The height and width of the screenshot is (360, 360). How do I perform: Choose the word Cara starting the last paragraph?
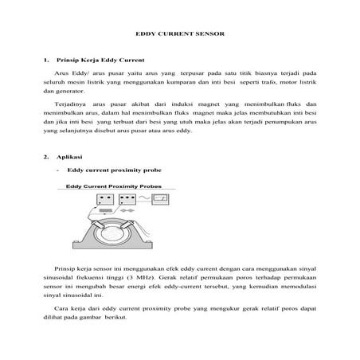pyautogui.click(x=61, y=307)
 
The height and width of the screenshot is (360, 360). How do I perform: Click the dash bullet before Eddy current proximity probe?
pyautogui.click(x=60, y=170)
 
